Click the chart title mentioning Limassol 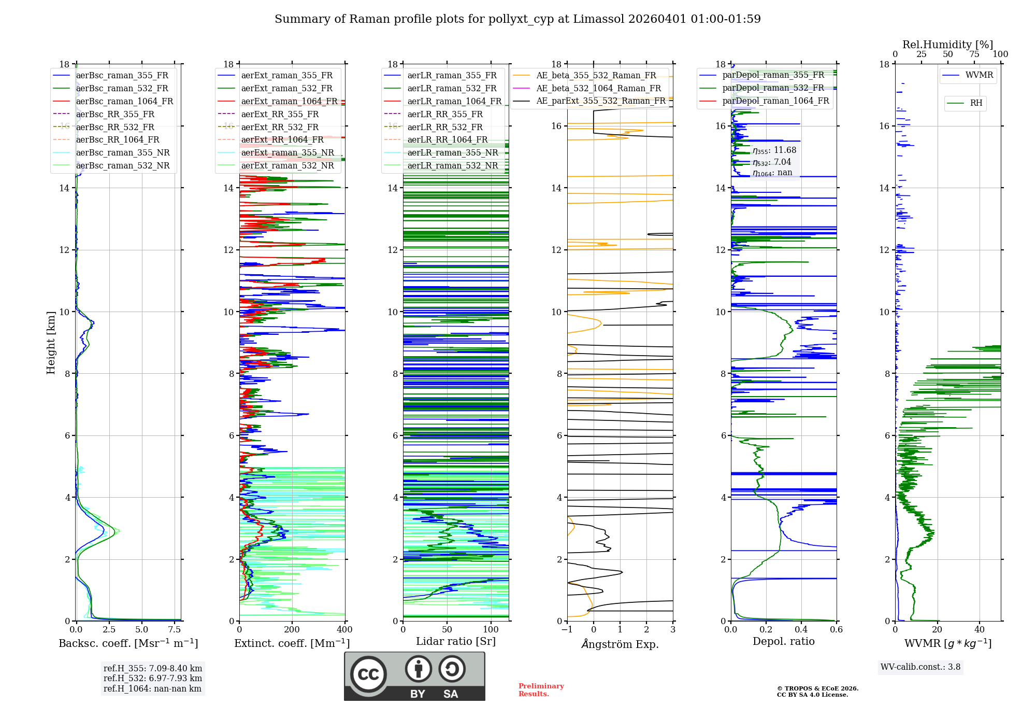pos(517,19)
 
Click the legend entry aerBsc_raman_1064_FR pos(124,102)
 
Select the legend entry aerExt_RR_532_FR pos(280,127)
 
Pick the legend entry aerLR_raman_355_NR pos(452,153)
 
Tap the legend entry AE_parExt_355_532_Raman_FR pos(600,101)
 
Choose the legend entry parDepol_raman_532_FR pos(773,88)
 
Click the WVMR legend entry pos(979,75)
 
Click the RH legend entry pos(976,103)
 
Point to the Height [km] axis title pos(51,342)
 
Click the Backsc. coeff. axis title pos(128,643)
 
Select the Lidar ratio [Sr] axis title pos(456,642)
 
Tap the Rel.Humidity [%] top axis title pos(947,45)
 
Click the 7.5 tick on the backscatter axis pos(175,630)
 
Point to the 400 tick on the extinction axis pos(344,630)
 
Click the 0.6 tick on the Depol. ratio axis pos(836,630)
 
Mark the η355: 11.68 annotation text pos(774,150)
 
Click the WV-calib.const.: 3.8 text pos(920,667)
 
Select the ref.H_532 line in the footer pos(153,679)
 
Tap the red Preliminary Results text pos(541,690)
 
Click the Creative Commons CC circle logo pos(368,674)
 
